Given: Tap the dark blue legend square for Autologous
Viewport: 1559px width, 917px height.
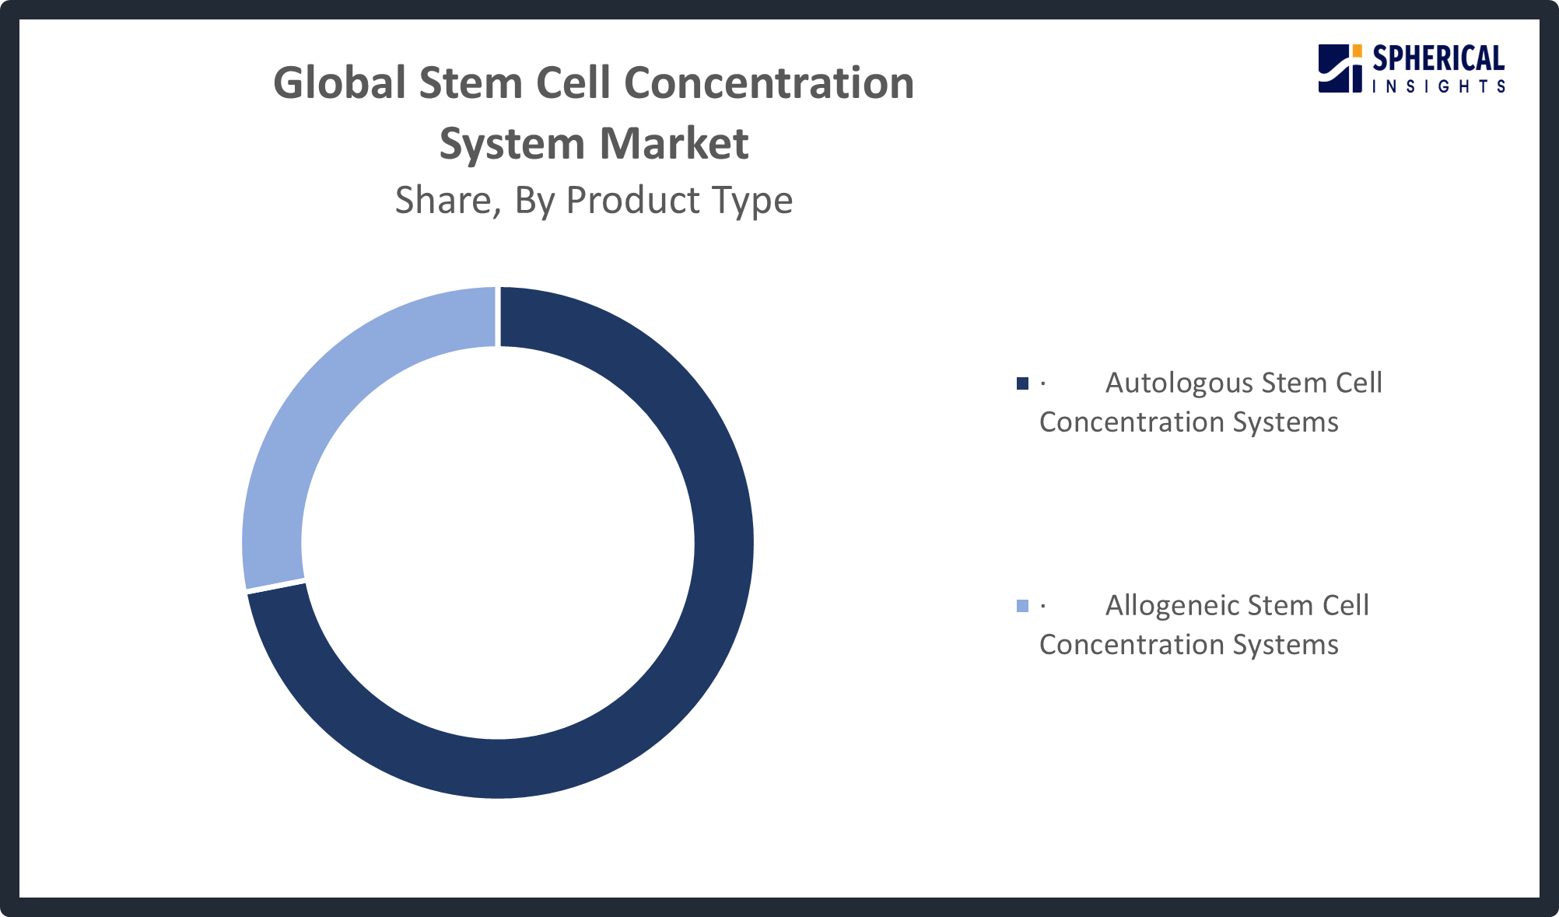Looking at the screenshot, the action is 1022,383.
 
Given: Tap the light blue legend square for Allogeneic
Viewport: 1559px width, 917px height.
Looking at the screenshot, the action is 1022,606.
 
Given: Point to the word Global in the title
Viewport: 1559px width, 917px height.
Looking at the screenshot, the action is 340,83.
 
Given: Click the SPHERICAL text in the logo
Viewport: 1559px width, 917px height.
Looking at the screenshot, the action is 1438,59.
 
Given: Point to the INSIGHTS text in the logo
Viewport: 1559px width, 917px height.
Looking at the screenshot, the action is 1438,86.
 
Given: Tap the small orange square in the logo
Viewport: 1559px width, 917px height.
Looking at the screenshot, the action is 1357,51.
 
